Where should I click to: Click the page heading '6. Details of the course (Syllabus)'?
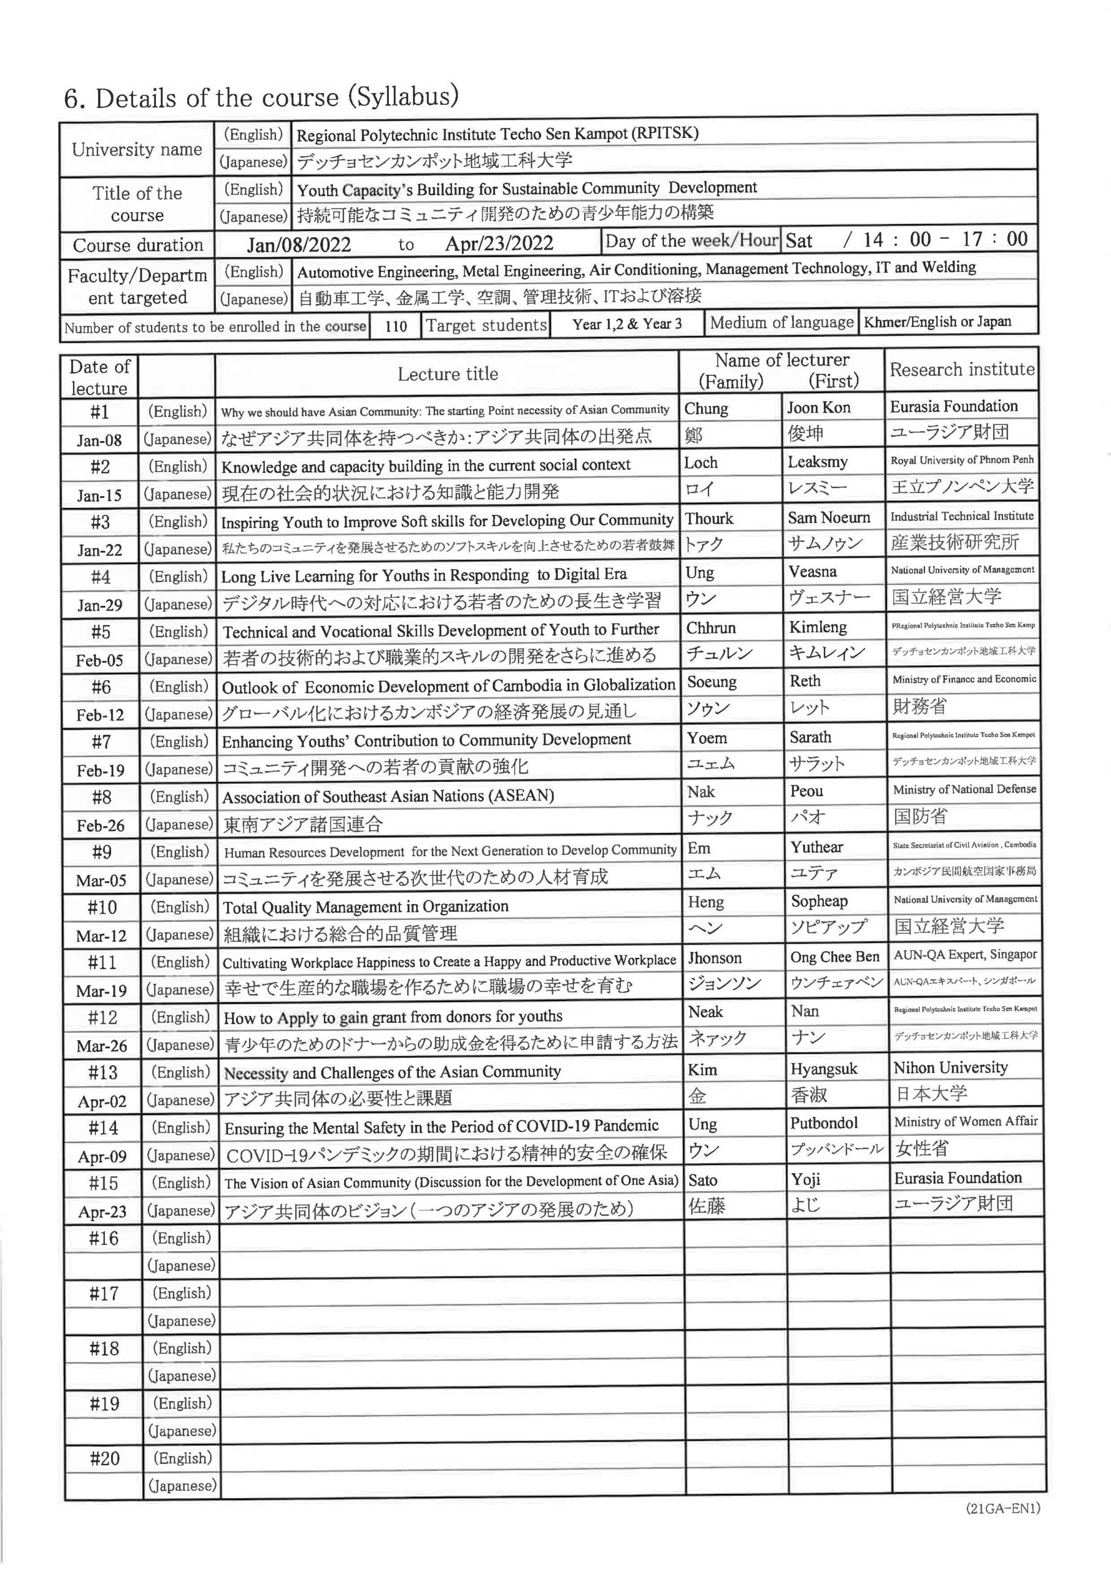pos(261,98)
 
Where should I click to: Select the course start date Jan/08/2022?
pos(299,245)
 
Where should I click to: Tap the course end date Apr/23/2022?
pos(499,243)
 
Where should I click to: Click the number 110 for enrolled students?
pos(396,326)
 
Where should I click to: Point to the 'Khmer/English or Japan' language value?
pos(937,322)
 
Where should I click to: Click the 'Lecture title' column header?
pos(447,374)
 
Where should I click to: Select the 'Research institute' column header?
pos(962,370)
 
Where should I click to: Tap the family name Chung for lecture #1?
pos(706,409)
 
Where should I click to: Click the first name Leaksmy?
pos(817,462)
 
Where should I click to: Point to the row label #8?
pos(101,797)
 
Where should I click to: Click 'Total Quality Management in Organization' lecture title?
pos(365,906)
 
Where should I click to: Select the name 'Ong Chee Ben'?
pos(834,957)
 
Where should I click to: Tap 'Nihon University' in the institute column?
pos(950,1067)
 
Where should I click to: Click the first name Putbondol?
pos(824,1123)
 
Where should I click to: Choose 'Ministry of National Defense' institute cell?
pos(964,790)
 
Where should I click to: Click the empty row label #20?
pos(105,1459)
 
